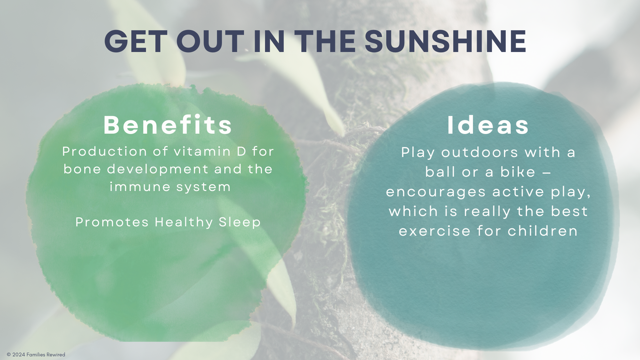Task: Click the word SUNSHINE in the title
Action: [x=445, y=41]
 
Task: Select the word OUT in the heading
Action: [x=210, y=41]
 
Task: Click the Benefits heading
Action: [x=168, y=125]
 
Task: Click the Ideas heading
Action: [x=488, y=125]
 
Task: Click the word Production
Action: [x=105, y=151]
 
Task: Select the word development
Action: [x=158, y=170]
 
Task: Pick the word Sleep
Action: [x=240, y=222]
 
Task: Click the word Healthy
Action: [x=184, y=222]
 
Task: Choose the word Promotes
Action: [x=112, y=222]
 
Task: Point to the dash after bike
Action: [x=547, y=173]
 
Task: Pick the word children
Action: [x=543, y=231]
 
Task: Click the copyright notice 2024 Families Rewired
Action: [x=36, y=355]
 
